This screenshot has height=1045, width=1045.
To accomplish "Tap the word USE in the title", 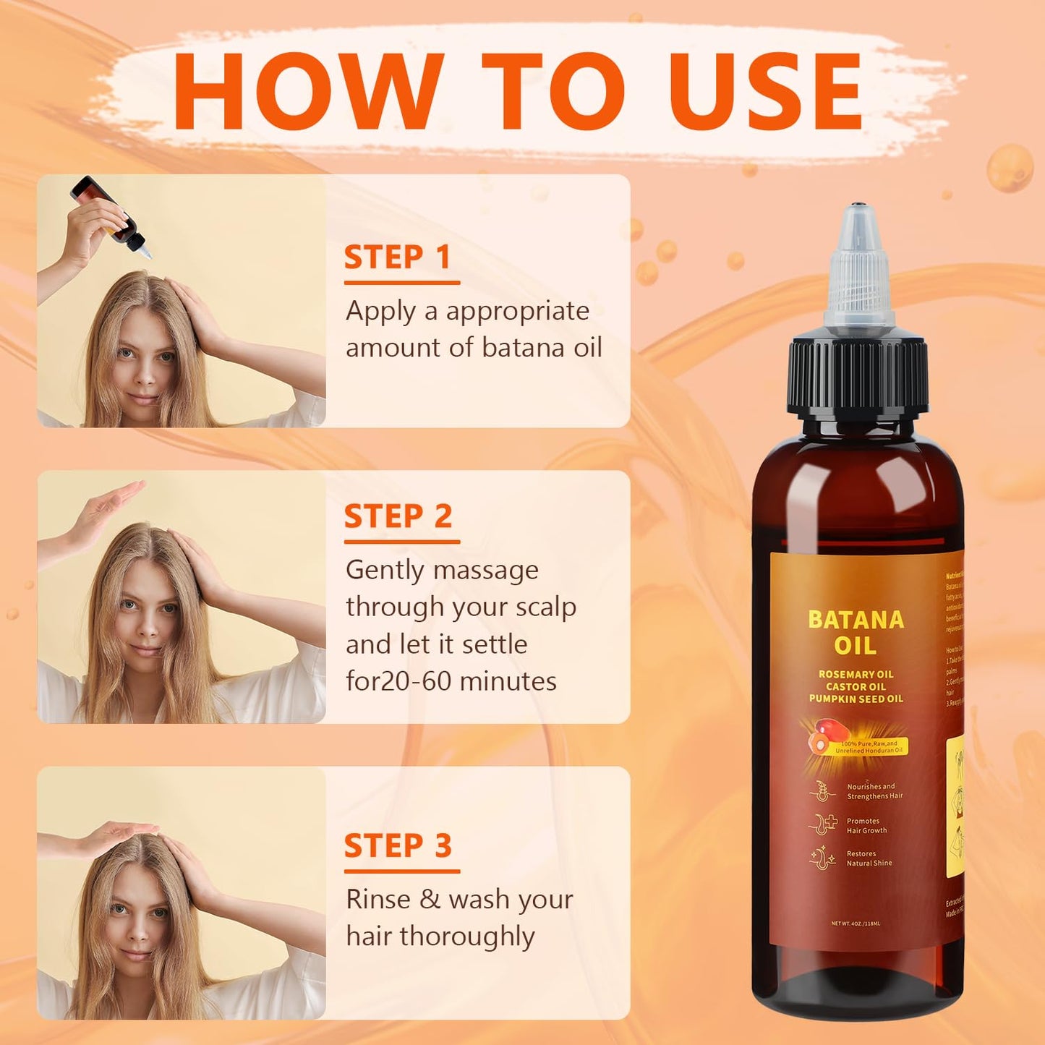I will point(767,92).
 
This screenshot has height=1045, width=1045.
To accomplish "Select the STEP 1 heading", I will point(397,257).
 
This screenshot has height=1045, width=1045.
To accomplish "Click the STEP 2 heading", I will point(398,516).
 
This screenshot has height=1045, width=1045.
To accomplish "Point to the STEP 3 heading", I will point(398,846).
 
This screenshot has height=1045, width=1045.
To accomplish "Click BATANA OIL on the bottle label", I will point(856,632).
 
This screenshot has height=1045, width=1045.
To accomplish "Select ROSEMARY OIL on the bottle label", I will point(856,674).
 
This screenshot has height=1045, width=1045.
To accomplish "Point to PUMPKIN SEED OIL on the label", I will point(856,699).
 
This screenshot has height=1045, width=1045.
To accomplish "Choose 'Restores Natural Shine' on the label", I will point(868,858).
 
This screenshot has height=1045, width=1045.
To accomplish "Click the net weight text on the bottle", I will point(856,924).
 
